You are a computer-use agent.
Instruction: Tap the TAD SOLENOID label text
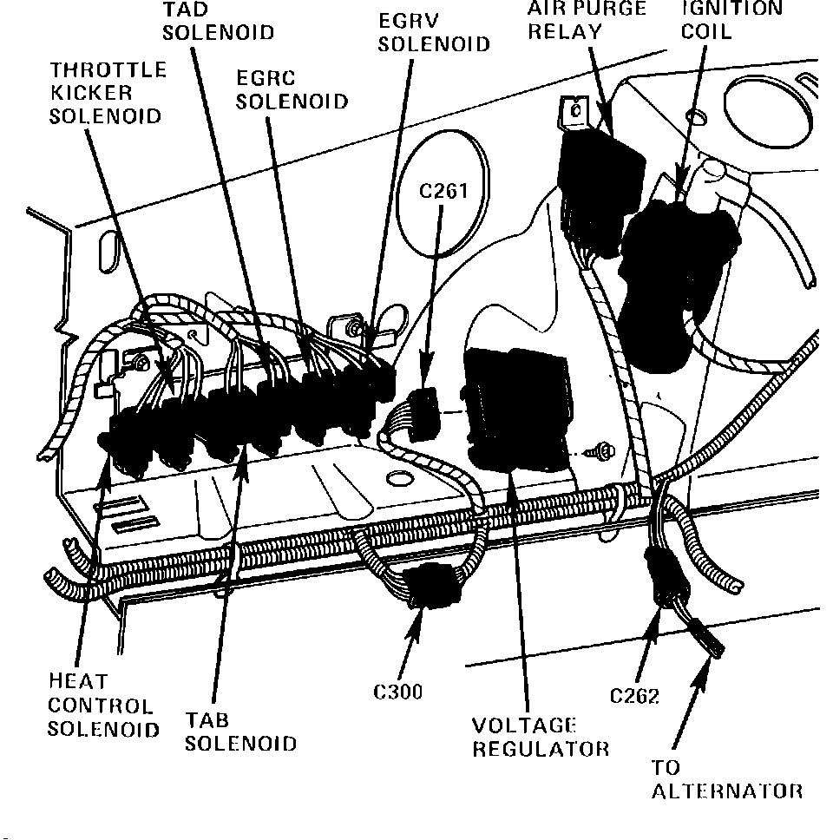218,22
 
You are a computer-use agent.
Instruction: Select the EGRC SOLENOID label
292,89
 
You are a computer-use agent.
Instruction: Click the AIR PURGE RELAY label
587,21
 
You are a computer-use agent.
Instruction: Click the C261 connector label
443,191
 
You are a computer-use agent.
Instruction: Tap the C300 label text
398,692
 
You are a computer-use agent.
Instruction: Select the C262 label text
634,696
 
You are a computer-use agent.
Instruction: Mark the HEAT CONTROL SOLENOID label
102,705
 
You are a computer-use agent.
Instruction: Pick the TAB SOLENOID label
240,732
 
